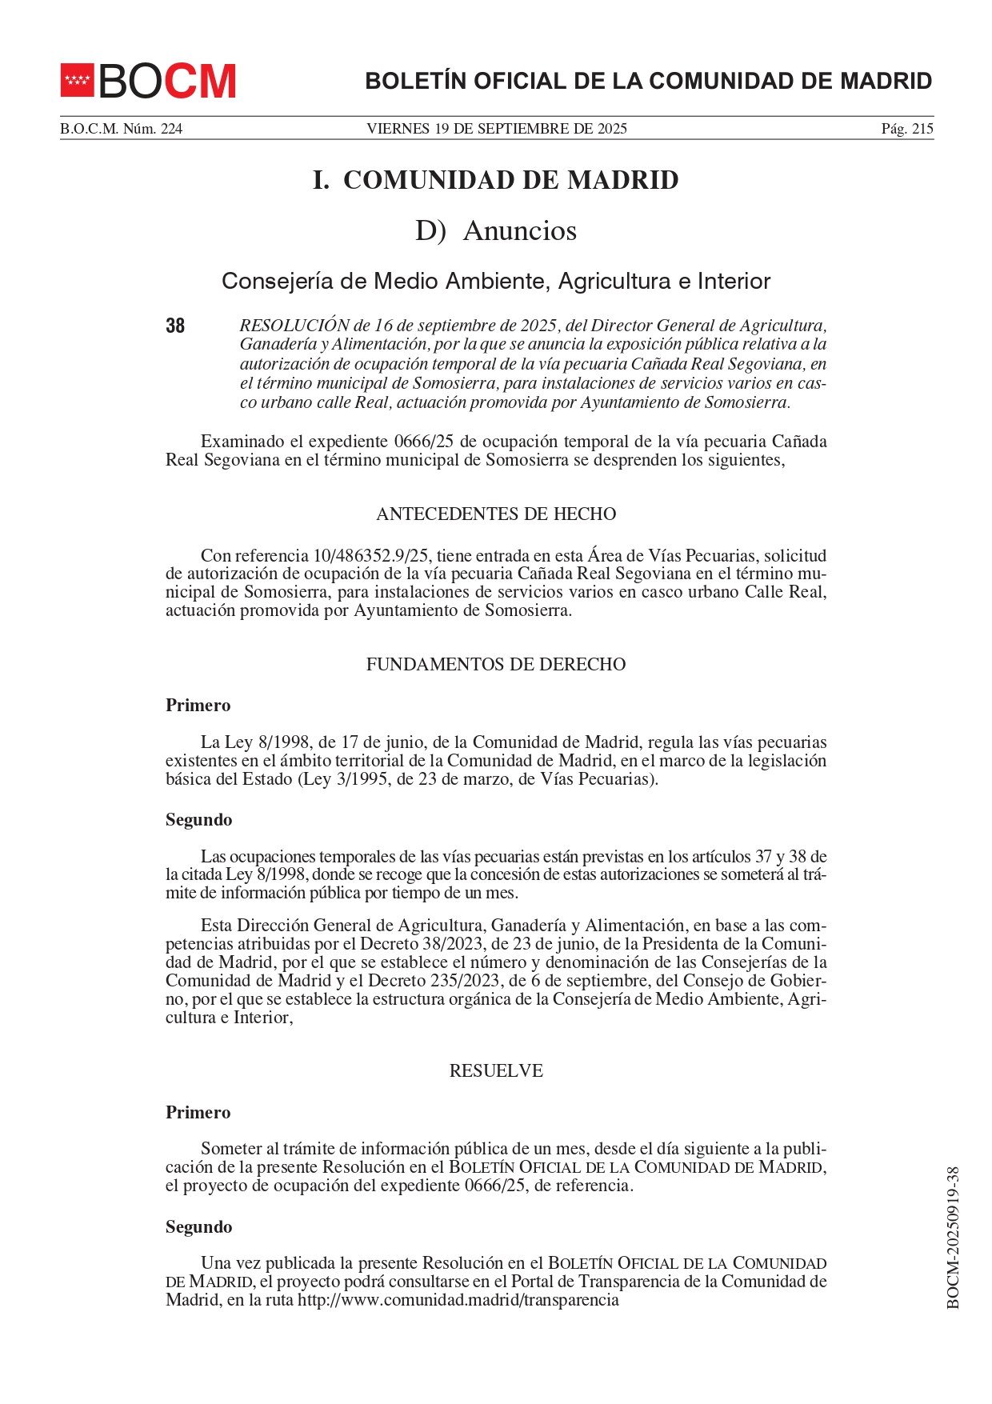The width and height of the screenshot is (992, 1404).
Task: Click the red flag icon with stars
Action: pyautogui.click(x=78, y=80)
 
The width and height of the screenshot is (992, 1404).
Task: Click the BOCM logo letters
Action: pyautogui.click(x=167, y=81)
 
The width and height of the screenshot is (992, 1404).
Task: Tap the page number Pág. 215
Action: pyautogui.click(x=906, y=129)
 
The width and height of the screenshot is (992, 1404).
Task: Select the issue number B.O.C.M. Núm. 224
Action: pyautogui.click(x=121, y=129)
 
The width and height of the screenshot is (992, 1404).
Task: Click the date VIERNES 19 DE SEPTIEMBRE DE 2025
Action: pyautogui.click(x=496, y=129)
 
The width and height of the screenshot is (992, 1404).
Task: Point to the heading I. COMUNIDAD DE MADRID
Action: pyautogui.click(x=495, y=180)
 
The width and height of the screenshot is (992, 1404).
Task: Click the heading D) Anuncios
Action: pyautogui.click(x=495, y=230)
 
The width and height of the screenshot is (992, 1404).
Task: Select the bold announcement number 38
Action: pyautogui.click(x=175, y=326)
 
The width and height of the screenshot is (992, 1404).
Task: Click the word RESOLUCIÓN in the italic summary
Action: pyautogui.click(x=294, y=326)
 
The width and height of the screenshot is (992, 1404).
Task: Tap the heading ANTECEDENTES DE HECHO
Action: pyautogui.click(x=495, y=514)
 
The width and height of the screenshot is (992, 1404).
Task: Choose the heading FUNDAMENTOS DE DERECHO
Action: pyautogui.click(x=495, y=664)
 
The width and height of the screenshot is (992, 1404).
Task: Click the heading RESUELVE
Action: pyautogui.click(x=495, y=1070)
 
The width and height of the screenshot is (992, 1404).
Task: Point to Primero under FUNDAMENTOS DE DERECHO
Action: pyautogui.click(x=198, y=706)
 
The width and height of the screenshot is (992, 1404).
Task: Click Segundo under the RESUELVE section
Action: pyautogui.click(x=198, y=1226)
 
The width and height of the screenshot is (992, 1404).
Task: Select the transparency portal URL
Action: pyautogui.click(x=458, y=1300)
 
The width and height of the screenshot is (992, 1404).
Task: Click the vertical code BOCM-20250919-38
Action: pyautogui.click(x=952, y=1237)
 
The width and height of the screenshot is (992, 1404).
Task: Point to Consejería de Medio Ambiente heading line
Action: pyautogui.click(x=495, y=281)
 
